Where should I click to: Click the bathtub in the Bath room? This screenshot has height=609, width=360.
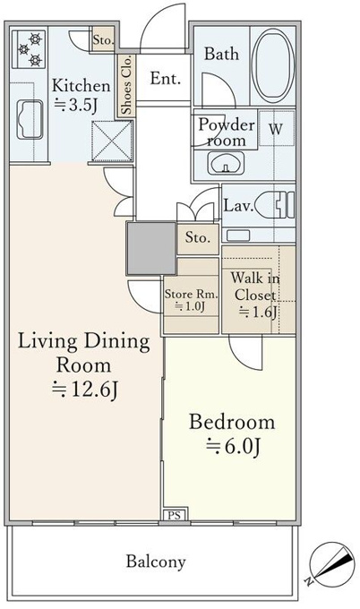point(272,65)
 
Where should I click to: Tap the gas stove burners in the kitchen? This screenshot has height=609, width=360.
point(30,49)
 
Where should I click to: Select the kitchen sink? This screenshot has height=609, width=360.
point(30,120)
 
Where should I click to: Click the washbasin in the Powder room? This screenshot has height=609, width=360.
point(226,163)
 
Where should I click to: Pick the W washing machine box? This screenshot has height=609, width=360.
point(276,129)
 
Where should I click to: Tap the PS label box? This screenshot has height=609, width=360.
point(175,515)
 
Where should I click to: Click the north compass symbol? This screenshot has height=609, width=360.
point(332,562)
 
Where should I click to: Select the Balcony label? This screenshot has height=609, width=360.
point(156,562)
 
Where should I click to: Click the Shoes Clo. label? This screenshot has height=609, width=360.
point(126,85)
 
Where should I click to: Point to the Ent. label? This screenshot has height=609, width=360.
point(166,79)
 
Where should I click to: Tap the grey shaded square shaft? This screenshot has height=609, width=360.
point(151,248)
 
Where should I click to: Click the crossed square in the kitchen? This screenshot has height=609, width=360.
point(112,141)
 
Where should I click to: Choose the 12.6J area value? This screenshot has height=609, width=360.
point(85,390)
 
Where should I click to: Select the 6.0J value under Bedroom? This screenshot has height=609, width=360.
point(233,447)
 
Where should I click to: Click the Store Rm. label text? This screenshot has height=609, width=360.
point(192,294)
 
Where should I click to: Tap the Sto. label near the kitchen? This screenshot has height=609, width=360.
point(103,39)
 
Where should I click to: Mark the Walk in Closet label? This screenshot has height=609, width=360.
point(255,287)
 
